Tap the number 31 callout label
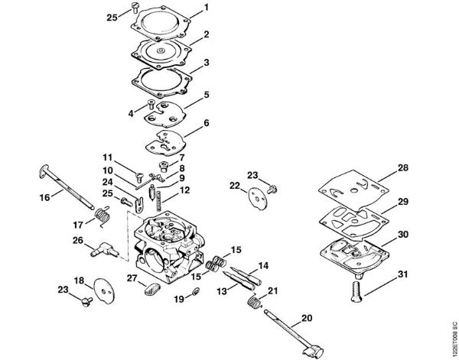403,274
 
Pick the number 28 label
403,167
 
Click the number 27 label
132,277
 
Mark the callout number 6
206,123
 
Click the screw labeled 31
356,290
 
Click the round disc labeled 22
259,196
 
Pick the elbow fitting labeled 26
103,248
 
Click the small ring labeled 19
195,293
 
